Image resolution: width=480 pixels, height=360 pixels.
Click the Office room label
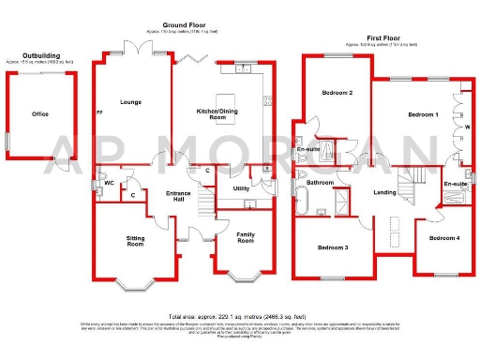pos(40,114)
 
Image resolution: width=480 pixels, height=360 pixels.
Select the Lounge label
pos(129,101)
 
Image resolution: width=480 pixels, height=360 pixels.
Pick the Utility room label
pos(240,188)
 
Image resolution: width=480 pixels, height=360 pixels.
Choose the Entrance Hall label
pos(179,196)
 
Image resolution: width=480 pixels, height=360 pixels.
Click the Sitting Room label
pos(136,241)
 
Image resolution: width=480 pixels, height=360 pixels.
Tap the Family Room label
pos(246,238)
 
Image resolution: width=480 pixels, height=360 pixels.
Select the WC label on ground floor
pos(109,184)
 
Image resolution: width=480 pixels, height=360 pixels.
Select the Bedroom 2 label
pos(337,94)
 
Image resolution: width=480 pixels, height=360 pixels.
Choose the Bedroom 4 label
pos(444,238)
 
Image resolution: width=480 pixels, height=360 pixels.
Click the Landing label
pos(384,194)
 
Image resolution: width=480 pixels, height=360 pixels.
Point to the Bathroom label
pos(322,183)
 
